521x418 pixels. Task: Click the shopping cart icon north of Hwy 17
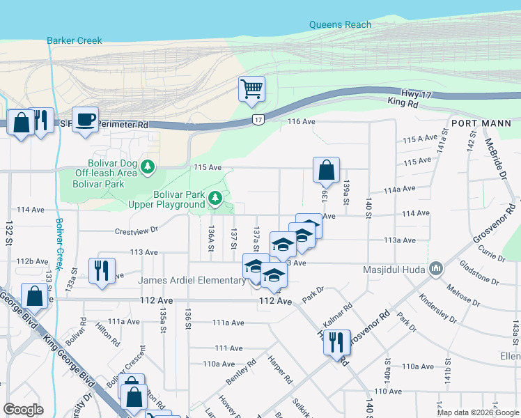click(x=251, y=89)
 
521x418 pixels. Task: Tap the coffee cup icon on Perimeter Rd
click(x=85, y=120)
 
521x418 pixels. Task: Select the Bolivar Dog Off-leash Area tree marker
click(x=147, y=167)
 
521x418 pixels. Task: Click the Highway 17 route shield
click(x=258, y=121)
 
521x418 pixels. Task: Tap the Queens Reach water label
click(x=340, y=25)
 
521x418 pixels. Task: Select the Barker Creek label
click(x=75, y=40)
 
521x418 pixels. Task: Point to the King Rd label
click(x=403, y=103)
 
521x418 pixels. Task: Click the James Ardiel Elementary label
click(x=192, y=280)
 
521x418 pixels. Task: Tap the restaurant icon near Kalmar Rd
click(x=336, y=342)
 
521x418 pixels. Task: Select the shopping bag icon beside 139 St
click(x=326, y=169)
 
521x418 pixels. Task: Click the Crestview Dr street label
click(x=137, y=229)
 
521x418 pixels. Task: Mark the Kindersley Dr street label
click(x=437, y=309)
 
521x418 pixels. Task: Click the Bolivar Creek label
click(x=61, y=240)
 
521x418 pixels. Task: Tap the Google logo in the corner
click(x=24, y=409)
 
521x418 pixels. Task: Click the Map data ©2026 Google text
click(x=478, y=412)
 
